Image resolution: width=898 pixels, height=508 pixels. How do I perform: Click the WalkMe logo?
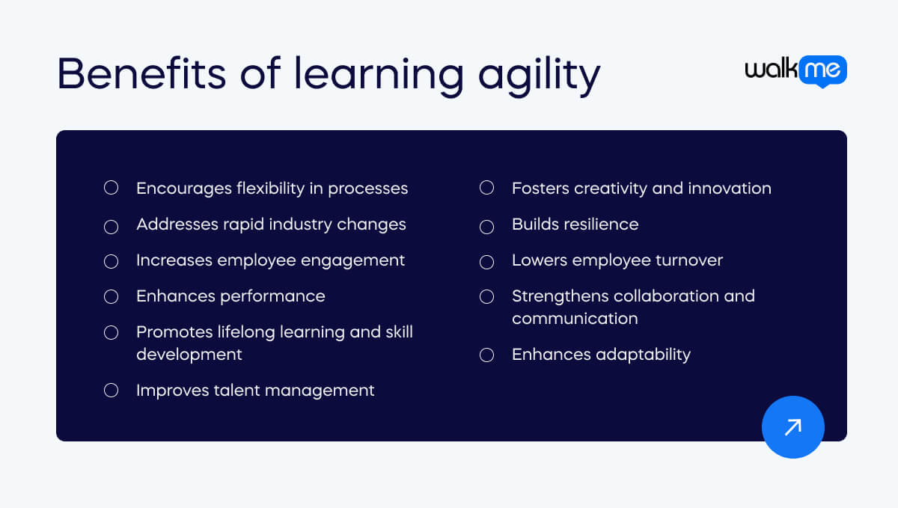795,70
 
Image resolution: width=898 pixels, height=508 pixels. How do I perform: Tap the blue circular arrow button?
792,427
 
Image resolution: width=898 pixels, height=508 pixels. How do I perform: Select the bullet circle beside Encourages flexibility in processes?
111,188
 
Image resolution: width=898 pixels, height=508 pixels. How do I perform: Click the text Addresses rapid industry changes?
271,224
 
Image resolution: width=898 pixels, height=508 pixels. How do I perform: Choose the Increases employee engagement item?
270,260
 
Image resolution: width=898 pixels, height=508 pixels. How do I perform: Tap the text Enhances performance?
230,296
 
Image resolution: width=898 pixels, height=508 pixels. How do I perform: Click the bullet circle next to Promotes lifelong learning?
111,332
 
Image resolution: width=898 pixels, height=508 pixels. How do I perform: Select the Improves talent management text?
255,391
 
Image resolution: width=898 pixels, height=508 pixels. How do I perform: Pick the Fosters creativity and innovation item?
641,189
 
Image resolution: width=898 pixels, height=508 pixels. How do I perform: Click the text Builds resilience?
575,224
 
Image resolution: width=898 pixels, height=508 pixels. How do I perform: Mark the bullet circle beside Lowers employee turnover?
486,261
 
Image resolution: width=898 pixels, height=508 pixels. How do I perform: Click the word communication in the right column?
575,319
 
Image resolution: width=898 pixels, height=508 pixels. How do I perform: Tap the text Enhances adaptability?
601,355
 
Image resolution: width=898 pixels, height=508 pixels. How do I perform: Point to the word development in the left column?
189,355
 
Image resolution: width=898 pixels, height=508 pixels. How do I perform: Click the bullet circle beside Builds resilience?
486,225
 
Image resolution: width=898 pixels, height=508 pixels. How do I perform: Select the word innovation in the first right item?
735,189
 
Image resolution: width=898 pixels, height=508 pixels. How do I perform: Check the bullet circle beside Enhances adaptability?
486,355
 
